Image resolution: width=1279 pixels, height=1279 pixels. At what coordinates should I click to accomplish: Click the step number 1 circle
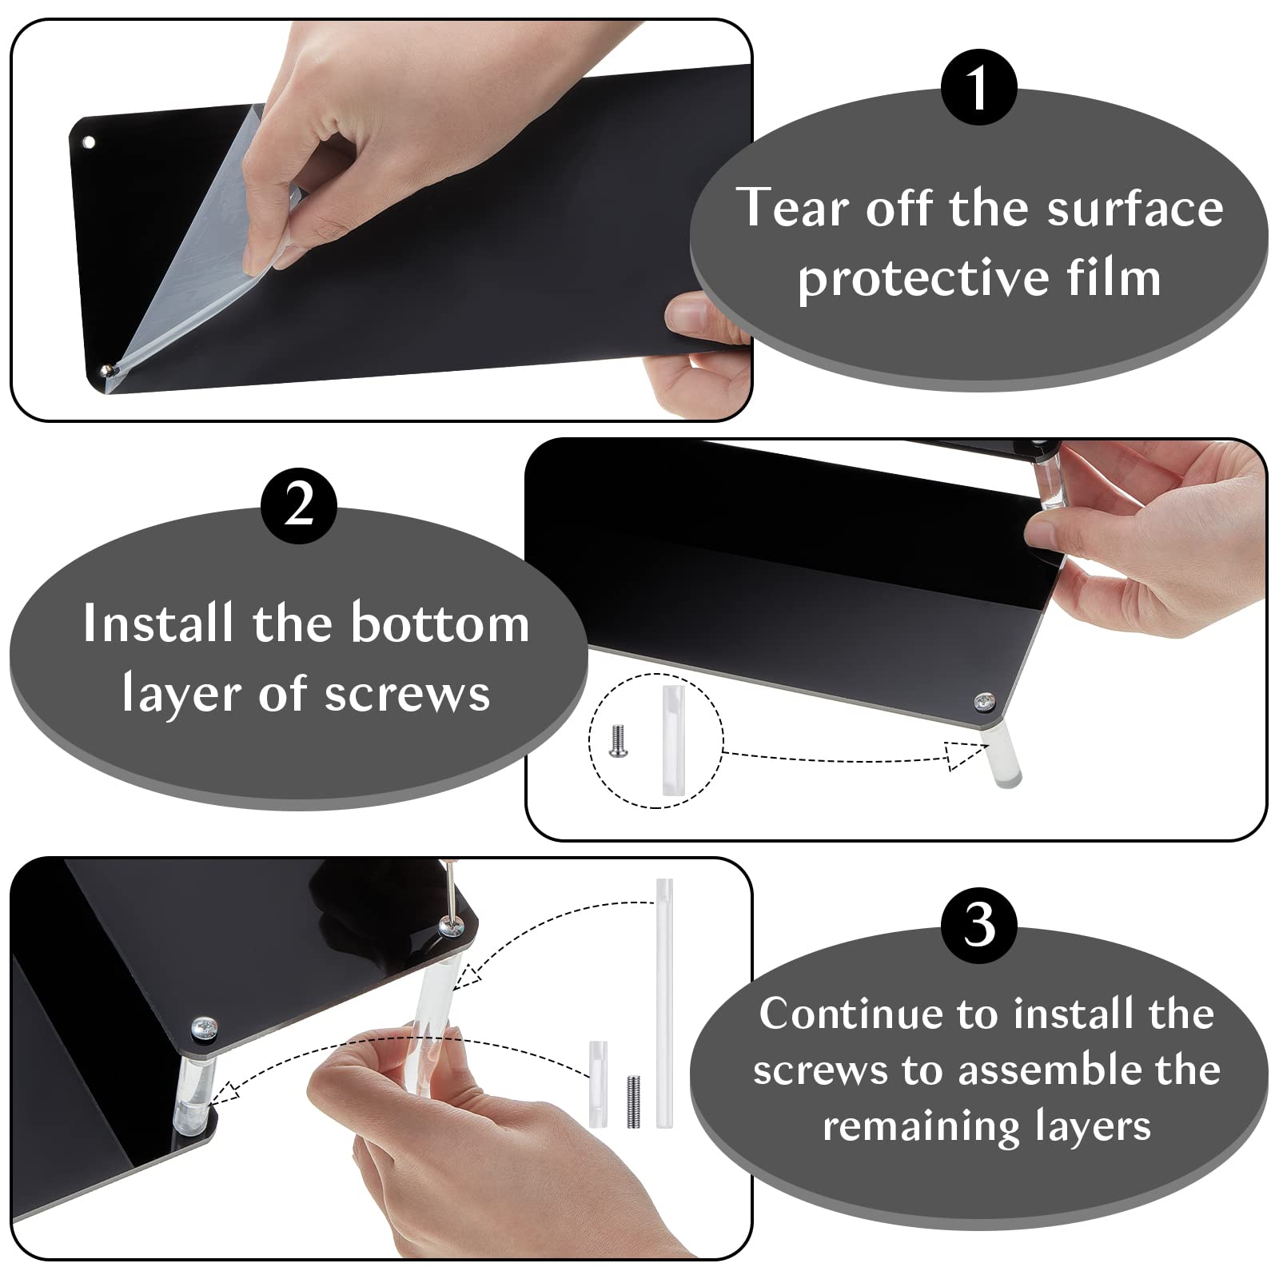click(978, 87)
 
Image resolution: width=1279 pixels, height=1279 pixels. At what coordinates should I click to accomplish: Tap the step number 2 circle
click(299, 506)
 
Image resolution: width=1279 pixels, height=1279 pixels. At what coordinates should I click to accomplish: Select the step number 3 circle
click(978, 925)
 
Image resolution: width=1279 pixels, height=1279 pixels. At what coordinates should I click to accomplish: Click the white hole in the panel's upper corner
click(89, 142)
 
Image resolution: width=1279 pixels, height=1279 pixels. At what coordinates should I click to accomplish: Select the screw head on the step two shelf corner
click(984, 703)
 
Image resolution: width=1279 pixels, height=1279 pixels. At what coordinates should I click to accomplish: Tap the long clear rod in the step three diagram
click(663, 1003)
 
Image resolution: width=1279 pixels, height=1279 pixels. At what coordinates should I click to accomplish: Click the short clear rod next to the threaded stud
click(598, 1084)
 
